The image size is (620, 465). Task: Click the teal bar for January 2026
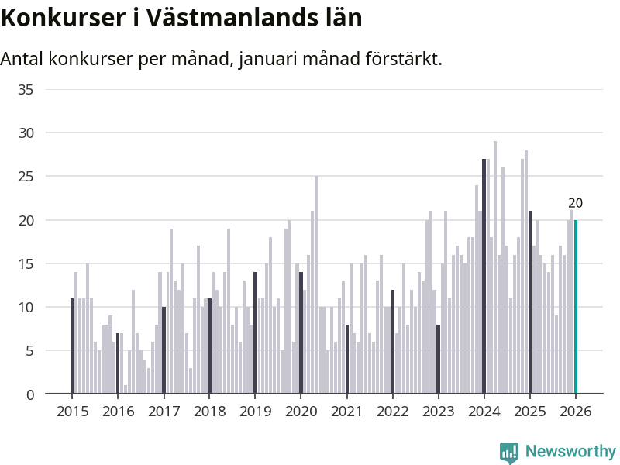pyautogui.click(x=576, y=307)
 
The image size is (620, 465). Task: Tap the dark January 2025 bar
pyautogui.click(x=530, y=302)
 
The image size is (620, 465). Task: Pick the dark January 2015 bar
pyautogui.click(x=72, y=346)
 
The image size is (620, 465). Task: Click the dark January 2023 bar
pyautogui.click(x=439, y=359)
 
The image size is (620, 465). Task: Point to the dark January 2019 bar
pyautogui.click(x=255, y=332)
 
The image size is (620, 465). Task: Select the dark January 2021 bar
pyautogui.click(x=347, y=359)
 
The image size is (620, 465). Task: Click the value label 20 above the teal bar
pyautogui.click(x=575, y=203)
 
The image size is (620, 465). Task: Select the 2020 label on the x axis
pyautogui.click(x=301, y=412)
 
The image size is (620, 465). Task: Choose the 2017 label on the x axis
pyautogui.click(x=164, y=412)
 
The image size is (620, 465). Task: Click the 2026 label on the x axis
pyautogui.click(x=576, y=412)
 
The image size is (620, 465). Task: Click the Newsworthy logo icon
pyautogui.click(x=509, y=452)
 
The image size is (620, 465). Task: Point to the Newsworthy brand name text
pyautogui.click(x=570, y=451)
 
